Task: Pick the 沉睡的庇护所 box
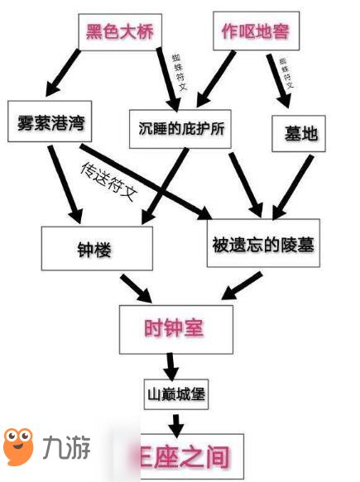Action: point(180,129)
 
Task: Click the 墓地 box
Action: point(299,133)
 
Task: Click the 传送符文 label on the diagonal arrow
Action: point(108,183)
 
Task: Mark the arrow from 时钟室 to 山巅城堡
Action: point(171,364)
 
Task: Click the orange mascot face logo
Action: point(18,446)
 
